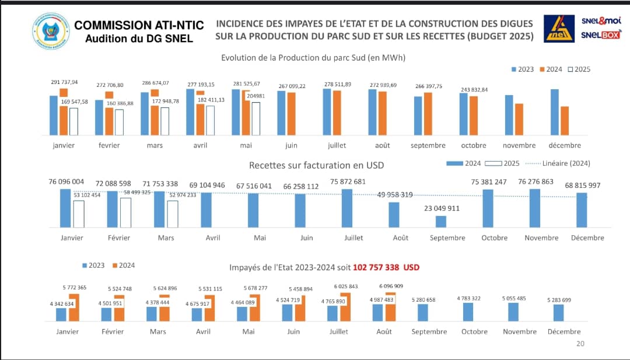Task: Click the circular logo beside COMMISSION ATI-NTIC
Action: click(x=51, y=32)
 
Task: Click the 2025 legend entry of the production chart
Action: click(x=578, y=69)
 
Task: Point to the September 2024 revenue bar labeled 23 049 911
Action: click(x=441, y=221)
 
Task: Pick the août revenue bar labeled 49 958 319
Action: click(x=394, y=214)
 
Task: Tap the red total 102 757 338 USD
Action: click(x=386, y=267)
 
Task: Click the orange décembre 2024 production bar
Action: click(x=565, y=121)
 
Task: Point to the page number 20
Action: click(x=580, y=344)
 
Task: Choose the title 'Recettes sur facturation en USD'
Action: click(x=316, y=165)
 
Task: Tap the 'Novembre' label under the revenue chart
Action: click(x=541, y=237)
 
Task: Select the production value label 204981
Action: click(x=255, y=96)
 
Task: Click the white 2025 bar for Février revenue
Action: click(x=125, y=212)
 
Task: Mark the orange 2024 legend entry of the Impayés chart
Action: click(x=123, y=265)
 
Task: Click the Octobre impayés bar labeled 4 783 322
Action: click(x=468, y=312)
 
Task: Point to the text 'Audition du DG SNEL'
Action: click(x=139, y=39)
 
